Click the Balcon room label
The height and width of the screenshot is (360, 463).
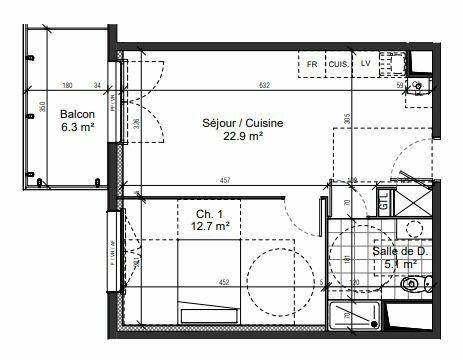[x=76, y=113]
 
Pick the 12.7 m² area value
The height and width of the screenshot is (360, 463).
[x=208, y=226]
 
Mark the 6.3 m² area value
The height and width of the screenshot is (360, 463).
[x=76, y=127]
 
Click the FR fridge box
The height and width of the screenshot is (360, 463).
[x=312, y=64]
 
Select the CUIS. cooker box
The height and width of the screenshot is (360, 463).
[x=339, y=64]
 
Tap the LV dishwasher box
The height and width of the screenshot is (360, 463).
[x=365, y=64]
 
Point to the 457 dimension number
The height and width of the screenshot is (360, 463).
[x=226, y=180]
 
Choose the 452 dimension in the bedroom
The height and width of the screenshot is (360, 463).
[x=224, y=282]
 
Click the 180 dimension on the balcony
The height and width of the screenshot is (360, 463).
[x=68, y=85]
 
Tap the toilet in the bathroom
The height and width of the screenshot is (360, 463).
[x=410, y=286]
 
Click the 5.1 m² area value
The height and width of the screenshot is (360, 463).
[x=400, y=265]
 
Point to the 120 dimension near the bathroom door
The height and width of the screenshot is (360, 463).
[x=343, y=312]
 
